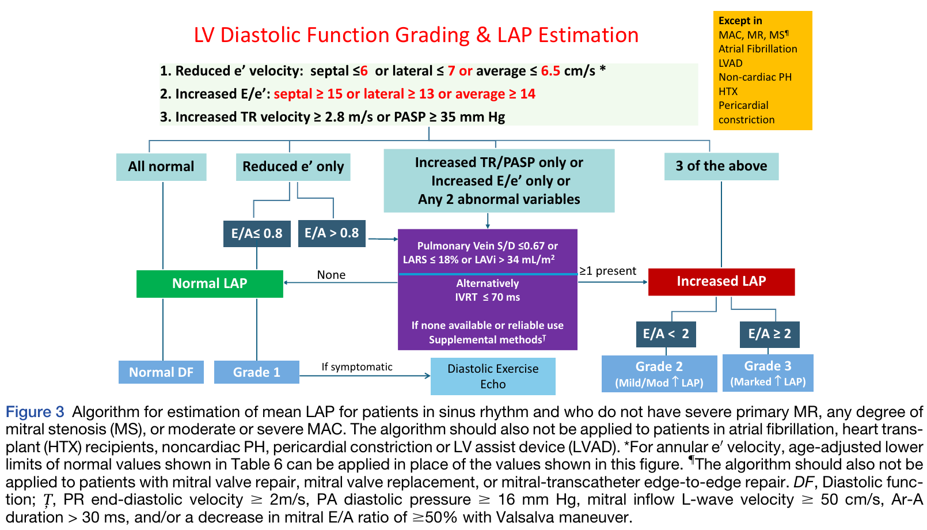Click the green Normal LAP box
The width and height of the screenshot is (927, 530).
tap(210, 283)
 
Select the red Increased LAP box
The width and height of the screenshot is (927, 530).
tap(721, 282)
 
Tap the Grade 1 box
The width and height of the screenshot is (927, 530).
tap(257, 372)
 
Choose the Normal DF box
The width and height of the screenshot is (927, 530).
tap(161, 372)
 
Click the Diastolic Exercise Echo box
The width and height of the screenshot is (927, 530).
tap(493, 376)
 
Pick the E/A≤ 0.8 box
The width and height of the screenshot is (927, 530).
tap(257, 233)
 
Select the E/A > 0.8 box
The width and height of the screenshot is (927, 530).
tap(332, 233)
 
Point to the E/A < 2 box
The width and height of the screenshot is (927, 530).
tap(666, 334)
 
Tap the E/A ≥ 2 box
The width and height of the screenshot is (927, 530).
tap(770, 334)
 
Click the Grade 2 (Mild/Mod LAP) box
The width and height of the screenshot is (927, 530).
tap(659, 373)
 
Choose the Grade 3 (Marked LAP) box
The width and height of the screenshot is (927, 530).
tap(768, 373)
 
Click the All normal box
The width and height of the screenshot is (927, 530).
tap(161, 167)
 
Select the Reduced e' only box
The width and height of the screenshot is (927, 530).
tap(293, 167)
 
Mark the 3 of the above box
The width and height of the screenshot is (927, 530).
tap(721, 166)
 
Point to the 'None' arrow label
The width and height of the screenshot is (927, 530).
tap(331, 275)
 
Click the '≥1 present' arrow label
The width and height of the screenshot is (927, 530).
tap(607, 271)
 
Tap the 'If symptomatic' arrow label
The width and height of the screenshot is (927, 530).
tap(357, 367)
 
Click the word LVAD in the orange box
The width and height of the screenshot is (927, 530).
tap(731, 63)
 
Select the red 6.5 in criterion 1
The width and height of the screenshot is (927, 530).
tap(550, 71)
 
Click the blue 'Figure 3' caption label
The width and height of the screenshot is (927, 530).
tap(35, 412)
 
